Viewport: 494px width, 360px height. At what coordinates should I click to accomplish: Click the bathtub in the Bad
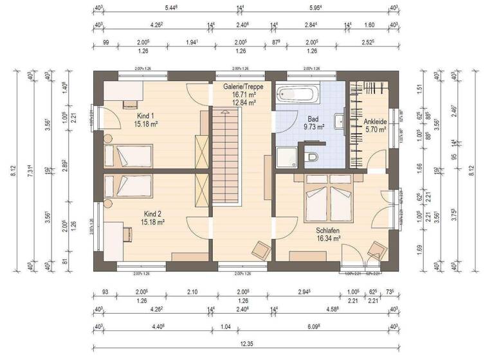(x=298, y=95)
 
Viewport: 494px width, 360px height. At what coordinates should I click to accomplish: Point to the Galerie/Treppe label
(x=239, y=86)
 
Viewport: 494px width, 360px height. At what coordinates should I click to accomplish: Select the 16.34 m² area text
(x=327, y=238)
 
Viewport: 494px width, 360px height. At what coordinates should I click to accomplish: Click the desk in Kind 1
(x=122, y=93)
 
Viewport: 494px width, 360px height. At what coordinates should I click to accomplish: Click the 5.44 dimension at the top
(x=171, y=8)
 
